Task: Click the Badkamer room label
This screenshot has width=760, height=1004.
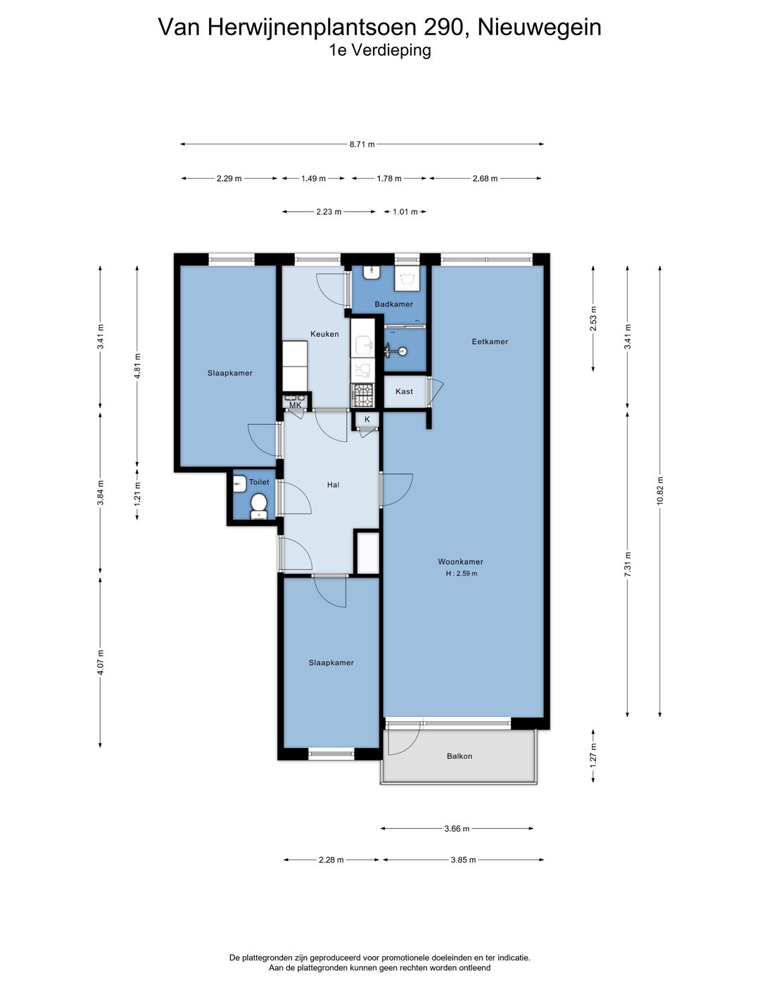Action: point(393,304)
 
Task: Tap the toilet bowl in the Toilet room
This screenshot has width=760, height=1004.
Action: point(258,504)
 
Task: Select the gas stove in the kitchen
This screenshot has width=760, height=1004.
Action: point(362,394)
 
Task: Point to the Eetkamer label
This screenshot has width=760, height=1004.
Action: point(490,342)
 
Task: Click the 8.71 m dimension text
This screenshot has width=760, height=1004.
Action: point(362,144)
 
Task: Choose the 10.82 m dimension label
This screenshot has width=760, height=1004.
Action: point(659,491)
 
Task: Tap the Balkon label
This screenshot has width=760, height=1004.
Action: point(459,756)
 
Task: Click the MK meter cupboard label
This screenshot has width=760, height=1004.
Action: point(296,405)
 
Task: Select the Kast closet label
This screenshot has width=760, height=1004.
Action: point(404,391)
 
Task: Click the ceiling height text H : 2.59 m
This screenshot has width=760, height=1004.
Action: point(462,573)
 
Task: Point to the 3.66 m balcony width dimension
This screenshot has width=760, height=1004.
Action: point(457,829)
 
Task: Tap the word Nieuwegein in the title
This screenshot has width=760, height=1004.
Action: point(539,27)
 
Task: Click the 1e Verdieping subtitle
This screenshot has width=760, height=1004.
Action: point(379,51)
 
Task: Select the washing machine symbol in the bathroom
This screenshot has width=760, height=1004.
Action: point(407,279)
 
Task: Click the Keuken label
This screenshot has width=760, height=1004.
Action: point(324,334)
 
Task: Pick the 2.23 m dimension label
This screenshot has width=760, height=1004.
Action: point(329,212)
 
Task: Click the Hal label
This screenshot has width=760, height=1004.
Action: point(333,485)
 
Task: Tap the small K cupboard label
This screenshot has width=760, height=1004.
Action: point(367,419)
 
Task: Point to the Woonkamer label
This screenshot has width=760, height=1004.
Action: point(460,561)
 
